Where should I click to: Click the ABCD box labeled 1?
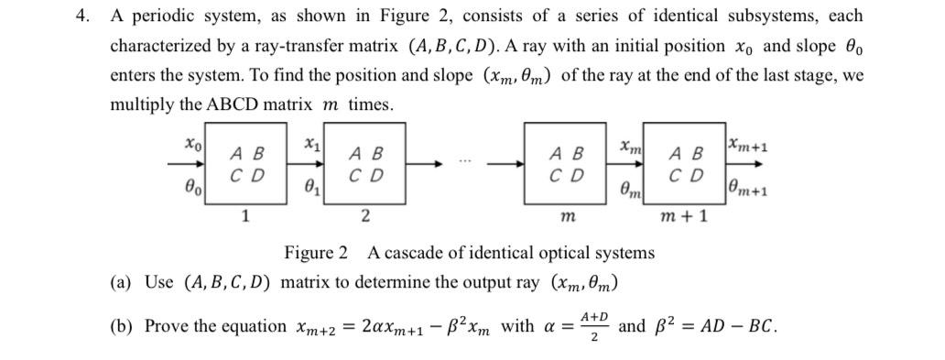click(246, 165)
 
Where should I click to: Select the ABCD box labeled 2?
click(364, 165)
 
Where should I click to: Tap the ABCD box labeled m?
click(568, 165)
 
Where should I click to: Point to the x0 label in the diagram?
click(191, 144)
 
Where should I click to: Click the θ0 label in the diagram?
click(191, 186)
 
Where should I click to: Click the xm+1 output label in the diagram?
click(748, 145)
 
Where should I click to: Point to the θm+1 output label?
click(748, 189)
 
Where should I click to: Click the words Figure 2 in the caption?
click(316, 252)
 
